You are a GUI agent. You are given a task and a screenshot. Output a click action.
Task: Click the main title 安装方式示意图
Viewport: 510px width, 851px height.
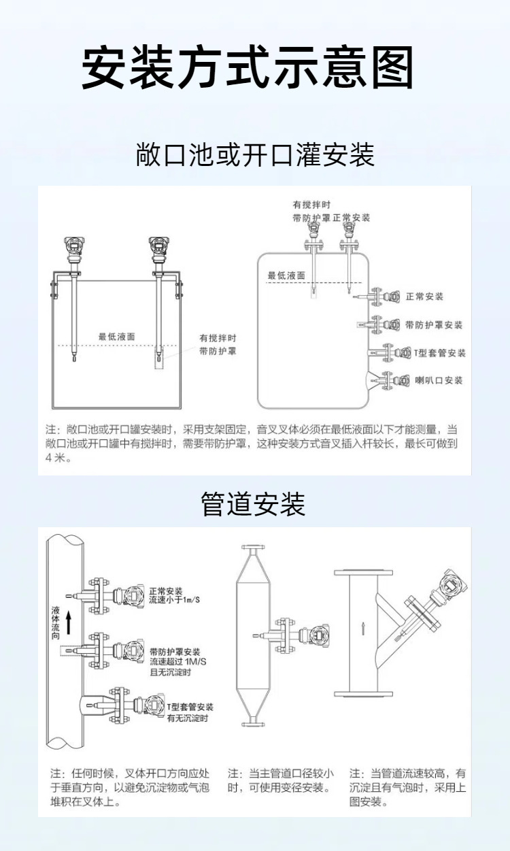248,68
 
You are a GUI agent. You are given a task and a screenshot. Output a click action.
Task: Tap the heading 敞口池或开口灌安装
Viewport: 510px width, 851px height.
255,155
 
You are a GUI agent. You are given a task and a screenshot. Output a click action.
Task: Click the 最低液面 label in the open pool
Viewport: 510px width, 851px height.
116,336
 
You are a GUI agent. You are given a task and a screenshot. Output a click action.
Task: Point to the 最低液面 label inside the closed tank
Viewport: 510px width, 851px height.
286,276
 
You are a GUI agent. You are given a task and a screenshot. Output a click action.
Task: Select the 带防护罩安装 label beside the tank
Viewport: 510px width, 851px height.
434,325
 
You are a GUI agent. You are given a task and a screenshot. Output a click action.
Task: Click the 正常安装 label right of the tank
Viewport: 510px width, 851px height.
424,297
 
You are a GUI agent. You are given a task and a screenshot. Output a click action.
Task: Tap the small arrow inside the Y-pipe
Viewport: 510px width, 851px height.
364,627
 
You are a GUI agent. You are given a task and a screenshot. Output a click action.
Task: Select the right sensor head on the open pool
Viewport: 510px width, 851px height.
159,248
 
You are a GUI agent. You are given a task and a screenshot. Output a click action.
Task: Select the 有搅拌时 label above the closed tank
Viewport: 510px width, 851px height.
311,205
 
